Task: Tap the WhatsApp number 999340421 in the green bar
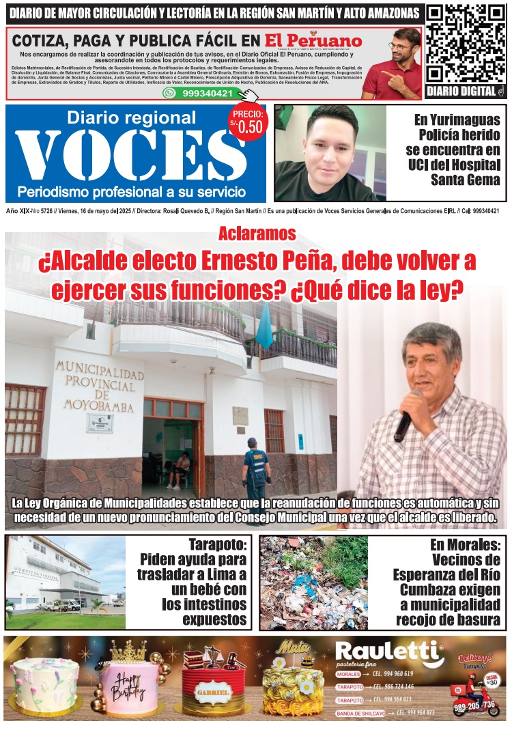(x=204, y=93)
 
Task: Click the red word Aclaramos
(x=257, y=234)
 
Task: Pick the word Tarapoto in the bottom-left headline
(x=217, y=545)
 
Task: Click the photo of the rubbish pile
(x=313, y=582)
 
